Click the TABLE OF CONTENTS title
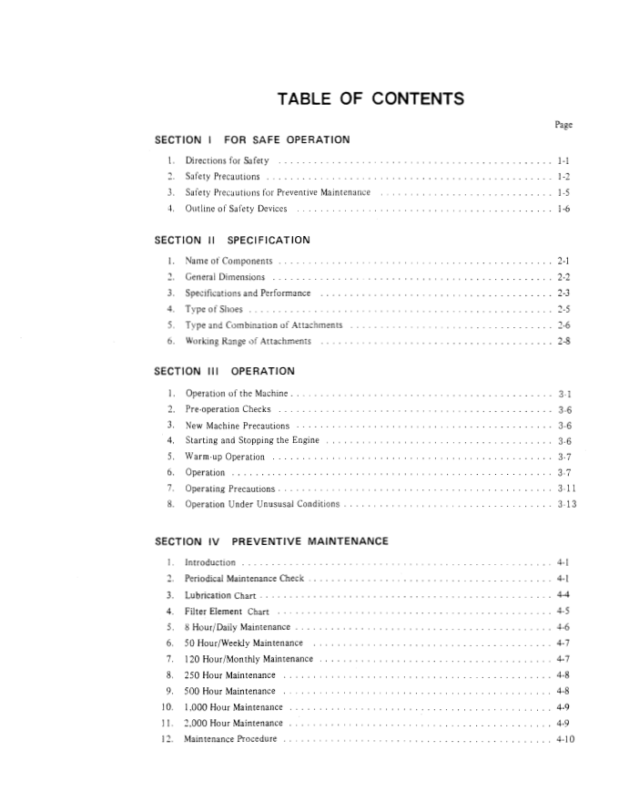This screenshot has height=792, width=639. pyautogui.click(x=370, y=99)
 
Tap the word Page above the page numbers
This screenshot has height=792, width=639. pyautogui.click(x=563, y=125)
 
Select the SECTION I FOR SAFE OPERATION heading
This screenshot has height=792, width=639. pyautogui.click(x=252, y=140)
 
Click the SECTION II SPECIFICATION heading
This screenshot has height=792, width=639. pyautogui.click(x=232, y=241)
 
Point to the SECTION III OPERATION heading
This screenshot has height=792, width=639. pyautogui.click(x=225, y=372)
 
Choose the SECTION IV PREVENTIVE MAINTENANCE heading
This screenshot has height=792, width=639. pyautogui.click(x=271, y=541)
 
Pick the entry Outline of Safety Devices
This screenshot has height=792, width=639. pyautogui.click(x=236, y=209)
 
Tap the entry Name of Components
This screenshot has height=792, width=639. pyautogui.click(x=228, y=262)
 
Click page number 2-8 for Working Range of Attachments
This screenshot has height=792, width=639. pyautogui.click(x=563, y=342)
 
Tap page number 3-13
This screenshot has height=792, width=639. pyautogui.click(x=566, y=504)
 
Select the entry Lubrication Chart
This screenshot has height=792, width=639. pyautogui.click(x=220, y=595)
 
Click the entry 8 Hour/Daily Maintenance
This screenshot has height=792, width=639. pyautogui.click(x=237, y=627)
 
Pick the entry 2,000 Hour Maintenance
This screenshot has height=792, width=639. pyautogui.click(x=234, y=723)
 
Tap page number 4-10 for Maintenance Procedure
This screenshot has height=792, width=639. pyautogui.click(x=564, y=739)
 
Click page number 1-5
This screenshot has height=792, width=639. pyautogui.click(x=563, y=193)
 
